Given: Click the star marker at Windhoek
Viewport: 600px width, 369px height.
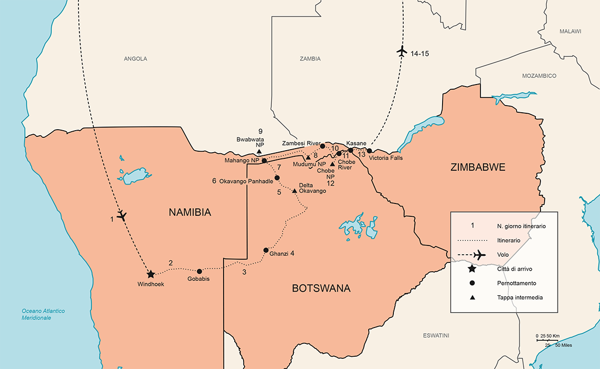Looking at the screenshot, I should (151, 275).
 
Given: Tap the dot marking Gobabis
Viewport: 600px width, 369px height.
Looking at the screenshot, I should (199, 271).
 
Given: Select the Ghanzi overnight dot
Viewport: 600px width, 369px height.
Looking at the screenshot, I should (266, 250).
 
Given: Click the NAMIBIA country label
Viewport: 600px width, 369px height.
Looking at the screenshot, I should (190, 213).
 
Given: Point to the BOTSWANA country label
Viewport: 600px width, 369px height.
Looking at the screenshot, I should (321, 288).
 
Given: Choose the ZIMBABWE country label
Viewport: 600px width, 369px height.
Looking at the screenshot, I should (478, 167).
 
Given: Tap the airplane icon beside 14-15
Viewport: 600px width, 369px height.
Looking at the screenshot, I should (402, 51).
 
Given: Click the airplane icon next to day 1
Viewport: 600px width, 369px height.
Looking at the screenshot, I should (122, 216).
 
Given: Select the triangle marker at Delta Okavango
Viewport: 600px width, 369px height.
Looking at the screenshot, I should (294, 191).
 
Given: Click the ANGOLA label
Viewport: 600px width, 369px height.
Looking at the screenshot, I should (135, 59).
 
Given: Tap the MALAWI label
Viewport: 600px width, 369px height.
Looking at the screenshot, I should (570, 31).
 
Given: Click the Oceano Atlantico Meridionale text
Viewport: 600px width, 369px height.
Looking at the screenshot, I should (44, 314).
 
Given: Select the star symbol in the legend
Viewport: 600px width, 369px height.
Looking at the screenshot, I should (472, 269).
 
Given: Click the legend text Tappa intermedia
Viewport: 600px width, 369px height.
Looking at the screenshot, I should (519, 297).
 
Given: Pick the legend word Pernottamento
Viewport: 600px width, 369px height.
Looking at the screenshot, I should (516, 283).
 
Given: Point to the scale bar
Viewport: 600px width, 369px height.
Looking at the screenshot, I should (549, 340).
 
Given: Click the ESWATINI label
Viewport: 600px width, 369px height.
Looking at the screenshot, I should (436, 335).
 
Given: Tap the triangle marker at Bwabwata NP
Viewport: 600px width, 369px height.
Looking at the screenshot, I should (259, 152).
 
